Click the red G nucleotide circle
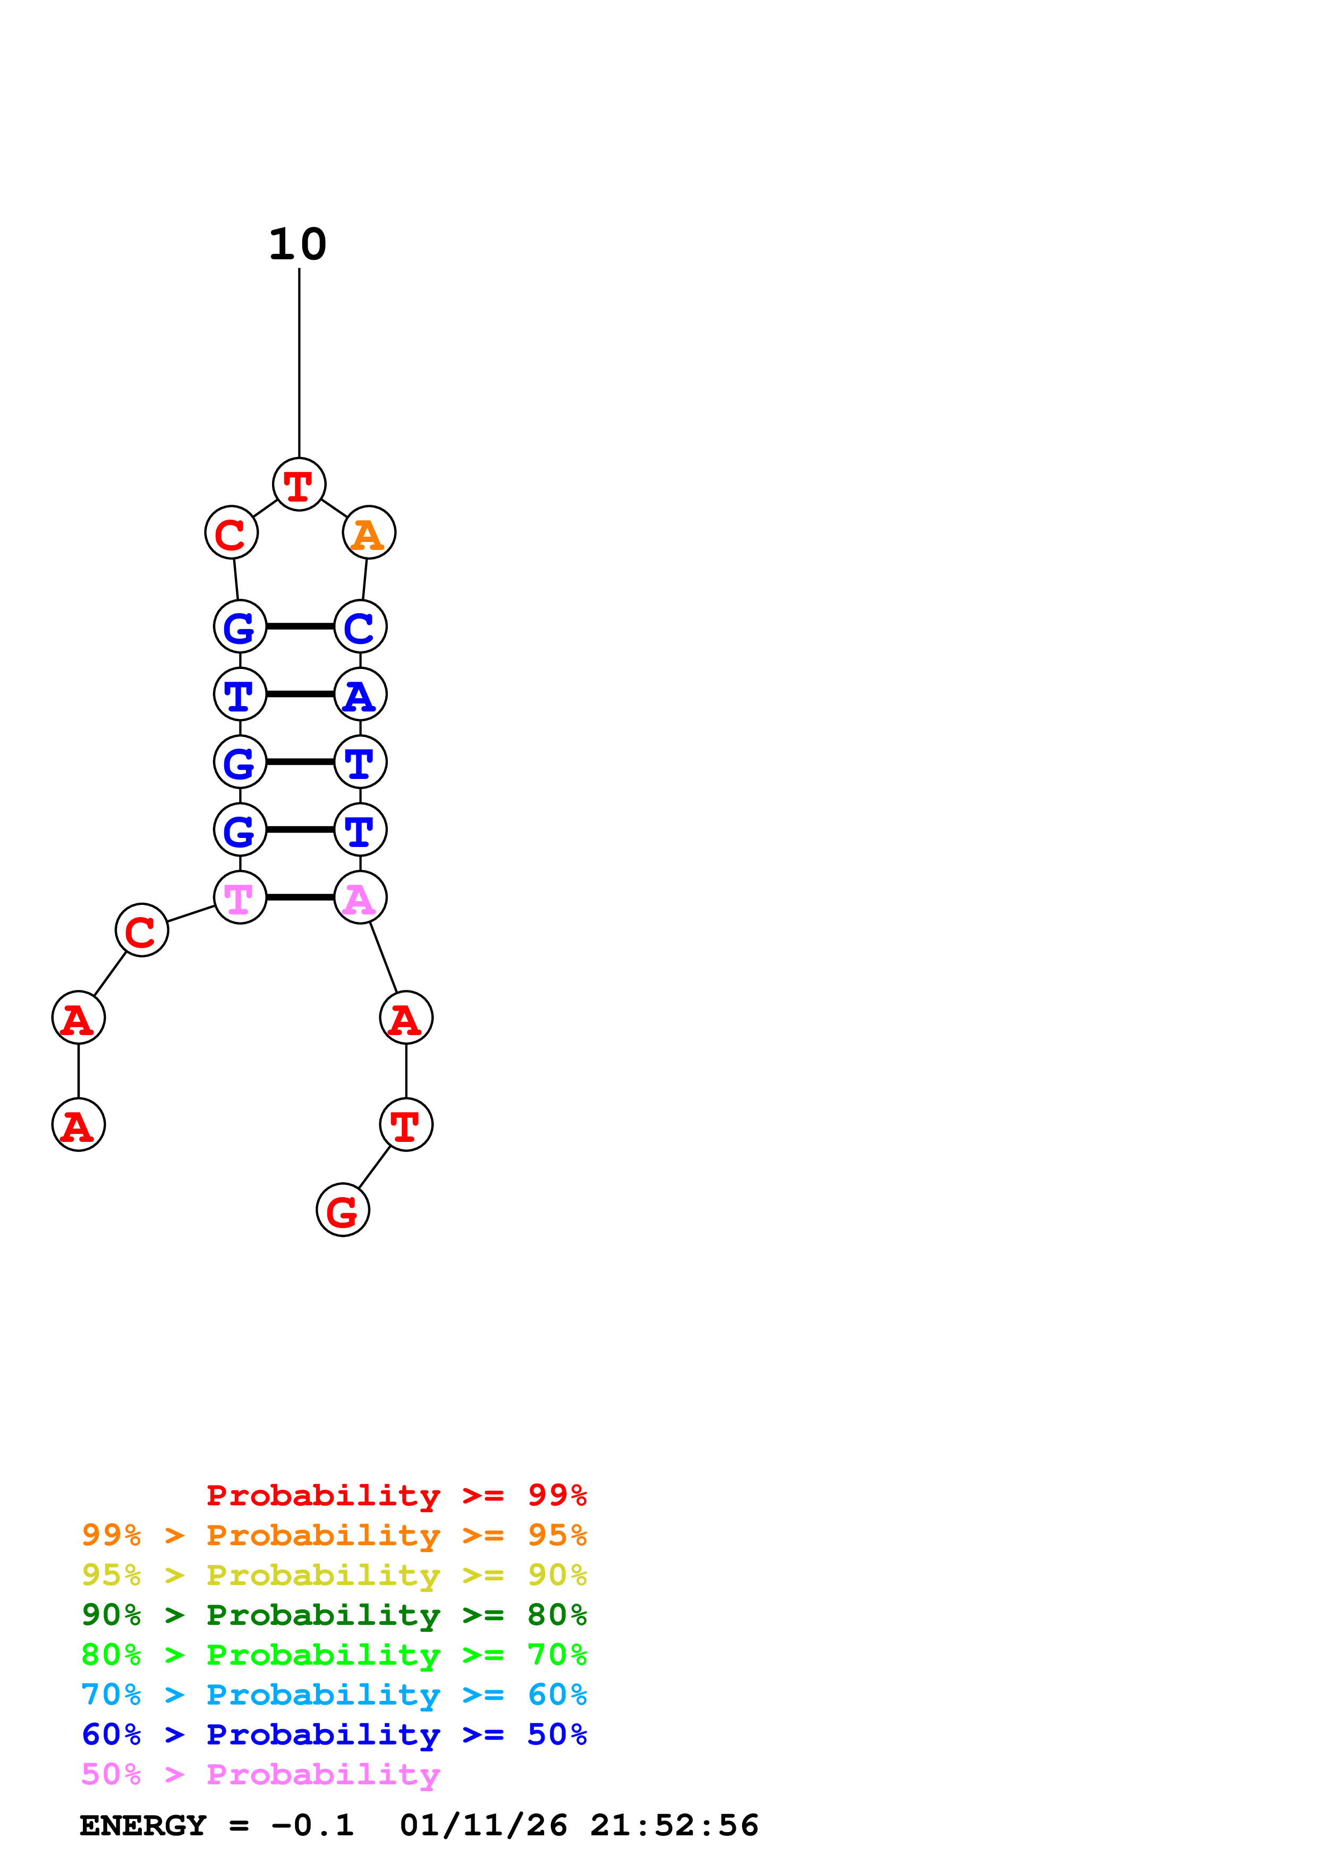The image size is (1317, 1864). [x=343, y=1210]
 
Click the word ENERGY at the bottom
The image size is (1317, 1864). [x=143, y=1825]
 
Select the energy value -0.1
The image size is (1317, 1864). [x=312, y=1825]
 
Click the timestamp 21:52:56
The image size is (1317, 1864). [x=674, y=1825]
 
